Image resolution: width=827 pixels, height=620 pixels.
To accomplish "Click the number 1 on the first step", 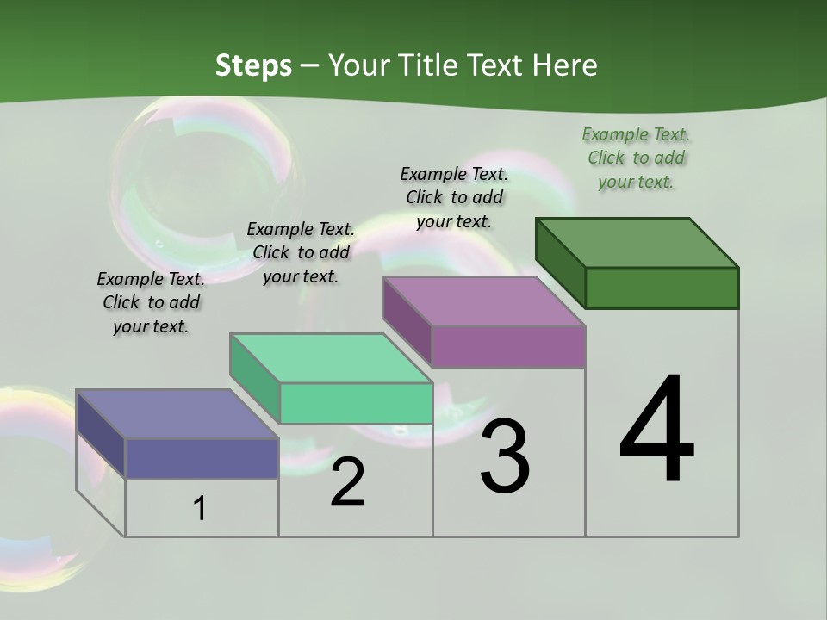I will (x=200, y=508).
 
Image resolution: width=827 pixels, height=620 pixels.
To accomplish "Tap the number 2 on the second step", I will (x=347, y=482).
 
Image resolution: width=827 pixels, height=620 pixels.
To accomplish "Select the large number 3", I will (x=505, y=456).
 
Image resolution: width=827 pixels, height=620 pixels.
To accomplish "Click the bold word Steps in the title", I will (x=253, y=65).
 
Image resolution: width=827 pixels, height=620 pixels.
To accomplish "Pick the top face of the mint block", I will (x=331, y=358).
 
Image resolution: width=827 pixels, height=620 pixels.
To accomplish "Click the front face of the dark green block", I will (x=662, y=288).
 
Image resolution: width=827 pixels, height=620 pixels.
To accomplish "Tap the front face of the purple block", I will (x=508, y=346).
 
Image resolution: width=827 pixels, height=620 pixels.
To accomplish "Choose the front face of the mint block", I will (x=356, y=403).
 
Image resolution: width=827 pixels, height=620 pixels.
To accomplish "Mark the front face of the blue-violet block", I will (x=202, y=458).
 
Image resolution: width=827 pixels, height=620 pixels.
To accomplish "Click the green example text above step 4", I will (x=636, y=158).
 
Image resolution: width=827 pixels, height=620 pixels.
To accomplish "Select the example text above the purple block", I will (x=454, y=197).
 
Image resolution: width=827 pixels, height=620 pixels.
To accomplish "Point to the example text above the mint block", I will (x=301, y=252).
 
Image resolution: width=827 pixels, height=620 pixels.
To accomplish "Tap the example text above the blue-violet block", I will (x=151, y=302).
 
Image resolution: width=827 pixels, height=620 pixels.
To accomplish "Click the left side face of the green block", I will (x=560, y=262).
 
